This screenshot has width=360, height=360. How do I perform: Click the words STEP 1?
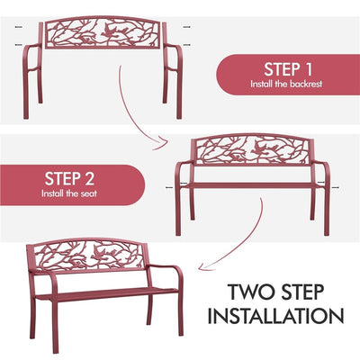[288, 69]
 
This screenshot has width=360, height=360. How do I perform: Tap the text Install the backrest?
[286, 84]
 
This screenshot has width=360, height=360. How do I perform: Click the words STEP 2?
[69, 179]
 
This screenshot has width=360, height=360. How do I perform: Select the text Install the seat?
[69, 193]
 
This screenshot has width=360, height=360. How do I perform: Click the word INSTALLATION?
[275, 316]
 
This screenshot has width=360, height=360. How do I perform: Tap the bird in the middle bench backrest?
[260, 148]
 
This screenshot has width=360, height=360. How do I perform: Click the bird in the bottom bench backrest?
[100, 252]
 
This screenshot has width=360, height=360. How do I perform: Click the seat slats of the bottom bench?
[106, 293]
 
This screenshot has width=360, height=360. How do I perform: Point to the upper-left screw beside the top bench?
[19, 27]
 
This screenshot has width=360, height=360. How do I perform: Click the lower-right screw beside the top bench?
[186, 45]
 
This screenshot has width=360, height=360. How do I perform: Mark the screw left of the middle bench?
[170, 188]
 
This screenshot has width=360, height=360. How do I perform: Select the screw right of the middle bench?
[337, 188]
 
